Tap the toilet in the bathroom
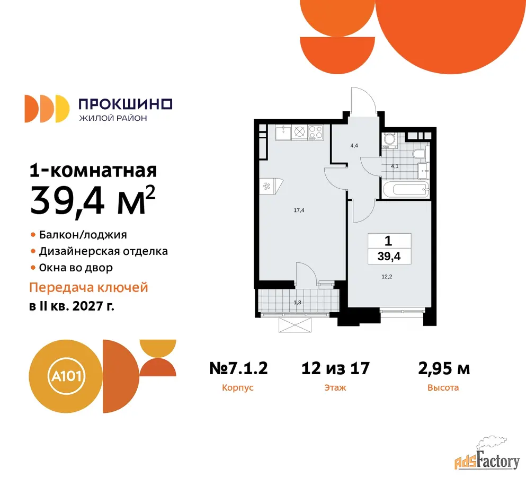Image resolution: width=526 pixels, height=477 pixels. click(420, 154)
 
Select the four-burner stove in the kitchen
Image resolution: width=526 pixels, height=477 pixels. click(316, 132)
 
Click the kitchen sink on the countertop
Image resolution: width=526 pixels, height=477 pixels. click(283, 132)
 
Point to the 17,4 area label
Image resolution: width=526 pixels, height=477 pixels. click(299, 210)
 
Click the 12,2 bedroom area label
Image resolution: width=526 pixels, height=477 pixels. click(387, 277)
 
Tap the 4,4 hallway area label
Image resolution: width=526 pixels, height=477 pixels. click(354, 145)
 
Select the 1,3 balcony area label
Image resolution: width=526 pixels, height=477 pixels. click(297, 303)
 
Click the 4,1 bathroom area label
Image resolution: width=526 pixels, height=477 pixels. click(395, 166)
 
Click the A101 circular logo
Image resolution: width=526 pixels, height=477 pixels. click(66, 376)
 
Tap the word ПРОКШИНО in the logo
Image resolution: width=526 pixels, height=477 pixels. click(126, 104)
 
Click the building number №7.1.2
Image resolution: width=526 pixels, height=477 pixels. click(238, 368)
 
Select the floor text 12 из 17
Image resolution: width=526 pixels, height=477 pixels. click(335, 368)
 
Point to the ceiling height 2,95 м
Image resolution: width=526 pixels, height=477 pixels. click(444, 368)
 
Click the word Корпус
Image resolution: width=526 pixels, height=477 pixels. click(238, 388)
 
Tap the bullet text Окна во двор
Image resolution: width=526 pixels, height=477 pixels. click(76, 268)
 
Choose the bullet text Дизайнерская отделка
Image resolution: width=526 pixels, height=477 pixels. click(103, 251)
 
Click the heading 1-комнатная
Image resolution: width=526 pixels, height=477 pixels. click(93, 171)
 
